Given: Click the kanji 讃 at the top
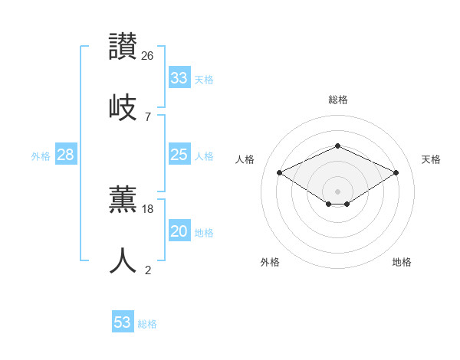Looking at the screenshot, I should pos(123,47).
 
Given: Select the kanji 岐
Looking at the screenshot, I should pos(123,107).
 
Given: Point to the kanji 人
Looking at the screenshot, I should pos(123,260).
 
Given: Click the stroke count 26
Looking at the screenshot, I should pos(148,56).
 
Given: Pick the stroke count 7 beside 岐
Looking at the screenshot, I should pos(148,117).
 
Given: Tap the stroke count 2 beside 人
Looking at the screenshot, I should pos(148,270).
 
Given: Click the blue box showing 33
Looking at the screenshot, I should pos(179,77).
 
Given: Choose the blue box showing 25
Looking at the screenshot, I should pos(179,155).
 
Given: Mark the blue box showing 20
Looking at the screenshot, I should pos(179,231).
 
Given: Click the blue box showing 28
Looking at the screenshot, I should pos(65,155).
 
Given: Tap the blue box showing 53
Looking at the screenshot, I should pos(122,322).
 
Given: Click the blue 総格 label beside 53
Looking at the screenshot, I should pos(147,324).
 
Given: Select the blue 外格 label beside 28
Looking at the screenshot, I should pos(41,156).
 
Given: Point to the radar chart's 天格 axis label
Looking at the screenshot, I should pos(431,159).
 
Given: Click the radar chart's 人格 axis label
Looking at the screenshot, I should pos(245,159).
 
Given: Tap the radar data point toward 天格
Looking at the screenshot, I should pos(396,173).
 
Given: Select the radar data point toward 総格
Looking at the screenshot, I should pos(337,146).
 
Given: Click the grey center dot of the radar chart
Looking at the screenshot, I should pos(337,191).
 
